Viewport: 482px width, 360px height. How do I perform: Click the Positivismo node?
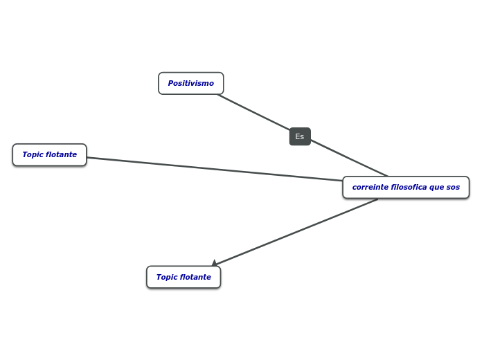[x=190, y=83]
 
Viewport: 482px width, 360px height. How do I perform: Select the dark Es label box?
[x=300, y=136]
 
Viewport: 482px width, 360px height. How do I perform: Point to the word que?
[x=436, y=188]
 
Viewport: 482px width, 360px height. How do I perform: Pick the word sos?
[x=453, y=187]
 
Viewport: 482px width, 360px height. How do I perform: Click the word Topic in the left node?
[x=33, y=154]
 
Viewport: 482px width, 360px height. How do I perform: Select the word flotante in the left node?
[x=62, y=154]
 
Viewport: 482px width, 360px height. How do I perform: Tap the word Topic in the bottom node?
[x=167, y=277]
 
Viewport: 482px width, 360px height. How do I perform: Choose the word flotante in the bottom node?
[x=196, y=277]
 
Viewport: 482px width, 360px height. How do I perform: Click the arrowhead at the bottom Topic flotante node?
[x=215, y=263]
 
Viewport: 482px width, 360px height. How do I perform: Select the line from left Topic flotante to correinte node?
[x=215, y=170]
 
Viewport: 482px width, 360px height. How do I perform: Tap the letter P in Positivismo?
[x=170, y=83]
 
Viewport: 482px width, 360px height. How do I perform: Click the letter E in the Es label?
[x=297, y=136]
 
